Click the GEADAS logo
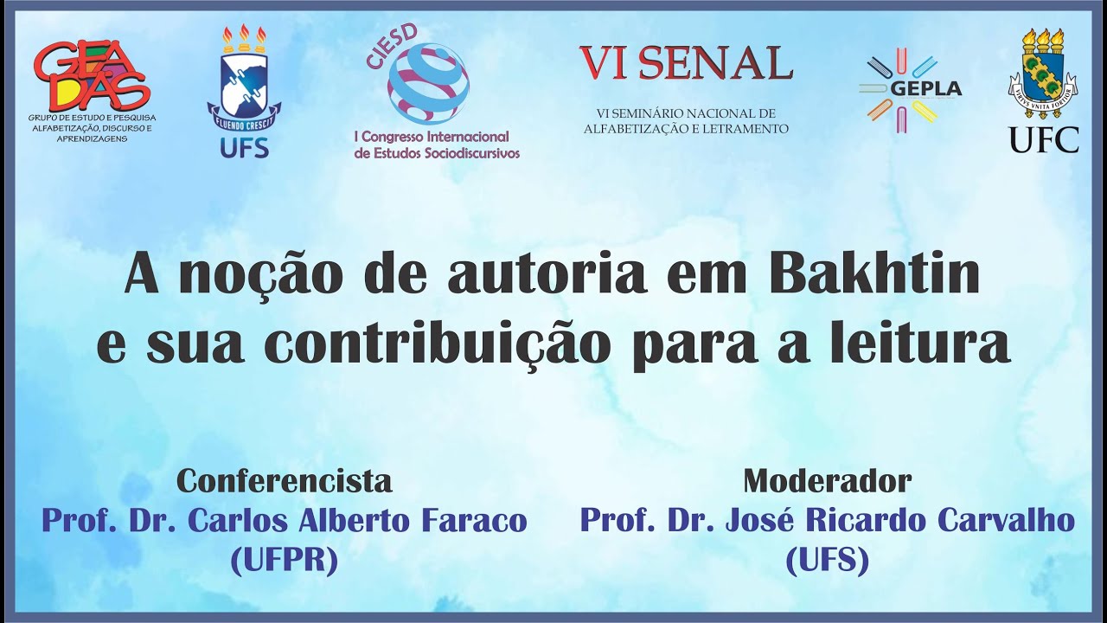pos(92,76)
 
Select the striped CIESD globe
pos(428,84)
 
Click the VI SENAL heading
pos(685,62)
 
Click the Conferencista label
pos(285,480)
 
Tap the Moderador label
pos(828,480)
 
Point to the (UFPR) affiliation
pos(285,562)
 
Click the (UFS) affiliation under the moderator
pos(828,562)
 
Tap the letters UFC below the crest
pos(1044,139)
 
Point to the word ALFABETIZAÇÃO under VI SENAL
pos(630,129)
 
